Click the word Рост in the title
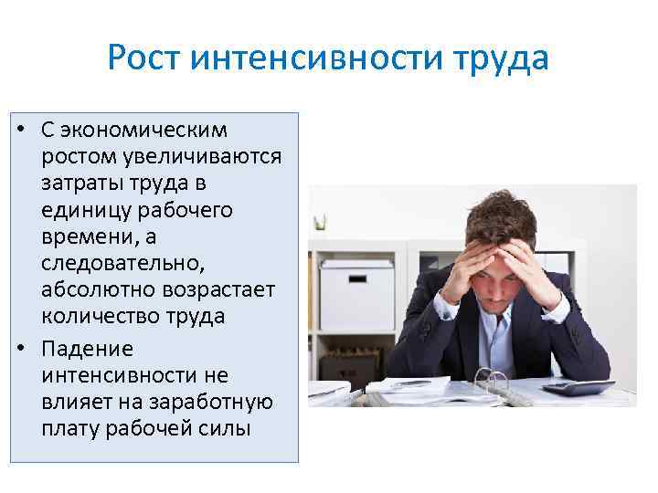(146, 58)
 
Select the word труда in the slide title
(500, 58)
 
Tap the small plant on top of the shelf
(319, 222)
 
